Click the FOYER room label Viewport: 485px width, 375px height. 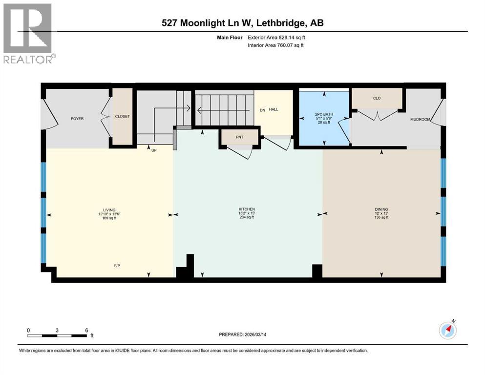pyautogui.click(x=77, y=119)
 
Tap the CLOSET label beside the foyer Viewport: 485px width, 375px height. pyautogui.click(x=122, y=117)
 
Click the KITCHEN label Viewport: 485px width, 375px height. pyautogui.click(x=247, y=209)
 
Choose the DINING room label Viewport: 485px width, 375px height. pyautogui.click(x=381, y=209)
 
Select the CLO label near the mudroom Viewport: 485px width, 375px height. pyautogui.click(x=377, y=98)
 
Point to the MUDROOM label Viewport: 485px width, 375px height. pyautogui.click(x=420, y=119)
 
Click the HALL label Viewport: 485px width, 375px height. pyautogui.click(x=274, y=109)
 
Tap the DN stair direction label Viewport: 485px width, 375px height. pyautogui.click(x=262, y=110)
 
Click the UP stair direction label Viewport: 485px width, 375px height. pyautogui.click(x=154, y=150)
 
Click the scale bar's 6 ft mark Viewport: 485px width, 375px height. pyautogui.click(x=86, y=330)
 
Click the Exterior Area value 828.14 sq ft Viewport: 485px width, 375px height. pyautogui.click(x=292, y=38)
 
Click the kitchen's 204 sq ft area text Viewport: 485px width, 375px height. pyautogui.click(x=247, y=218)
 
